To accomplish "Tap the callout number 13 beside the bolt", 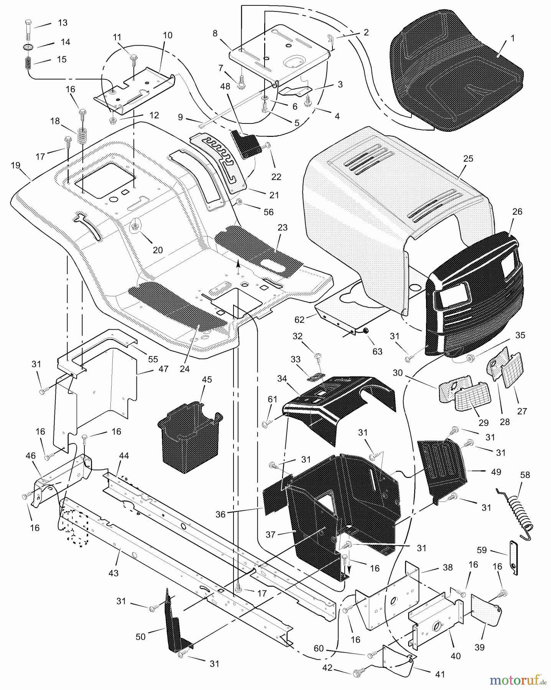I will coord(63,23).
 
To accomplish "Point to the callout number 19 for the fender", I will coord(15,166).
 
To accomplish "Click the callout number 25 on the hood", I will coord(468,158).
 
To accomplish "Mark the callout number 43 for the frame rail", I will coord(113,573).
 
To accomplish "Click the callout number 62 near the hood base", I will coord(300,319).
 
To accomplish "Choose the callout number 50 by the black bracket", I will coord(141,636).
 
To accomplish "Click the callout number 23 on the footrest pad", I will coord(282,227).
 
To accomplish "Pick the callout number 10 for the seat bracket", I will coord(168,36).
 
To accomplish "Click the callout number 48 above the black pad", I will coord(225,87).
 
